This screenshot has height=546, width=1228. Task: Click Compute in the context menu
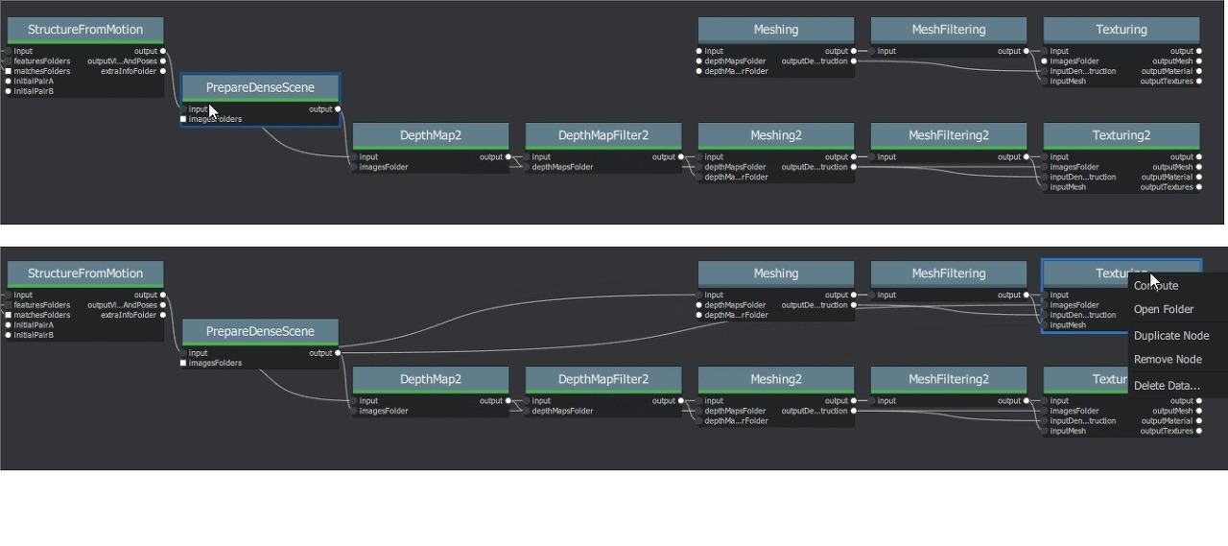tap(1156, 285)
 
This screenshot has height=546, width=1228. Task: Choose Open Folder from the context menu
tap(1164, 309)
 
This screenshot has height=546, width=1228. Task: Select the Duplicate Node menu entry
tap(1170, 335)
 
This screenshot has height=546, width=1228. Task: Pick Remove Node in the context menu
tap(1168, 359)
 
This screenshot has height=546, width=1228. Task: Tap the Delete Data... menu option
tap(1167, 385)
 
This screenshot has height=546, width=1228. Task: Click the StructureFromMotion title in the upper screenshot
tap(85, 30)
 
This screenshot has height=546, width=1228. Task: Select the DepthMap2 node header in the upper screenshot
tap(431, 135)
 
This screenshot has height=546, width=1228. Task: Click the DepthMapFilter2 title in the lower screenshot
tap(603, 379)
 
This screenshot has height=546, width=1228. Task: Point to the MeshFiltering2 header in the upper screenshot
tap(949, 135)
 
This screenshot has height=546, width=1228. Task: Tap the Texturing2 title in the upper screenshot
tap(1122, 135)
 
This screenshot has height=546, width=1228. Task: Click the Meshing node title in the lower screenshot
tap(776, 273)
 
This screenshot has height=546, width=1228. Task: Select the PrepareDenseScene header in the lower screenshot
tap(260, 331)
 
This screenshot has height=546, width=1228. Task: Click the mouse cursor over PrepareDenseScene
tap(213, 110)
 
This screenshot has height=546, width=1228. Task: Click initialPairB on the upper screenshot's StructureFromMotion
tap(34, 91)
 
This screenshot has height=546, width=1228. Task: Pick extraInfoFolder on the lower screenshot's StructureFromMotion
tap(129, 315)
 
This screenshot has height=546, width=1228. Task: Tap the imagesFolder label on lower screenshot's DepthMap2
tap(384, 411)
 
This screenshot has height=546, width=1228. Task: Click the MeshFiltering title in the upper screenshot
tap(949, 30)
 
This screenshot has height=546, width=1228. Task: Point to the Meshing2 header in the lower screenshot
tap(776, 379)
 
